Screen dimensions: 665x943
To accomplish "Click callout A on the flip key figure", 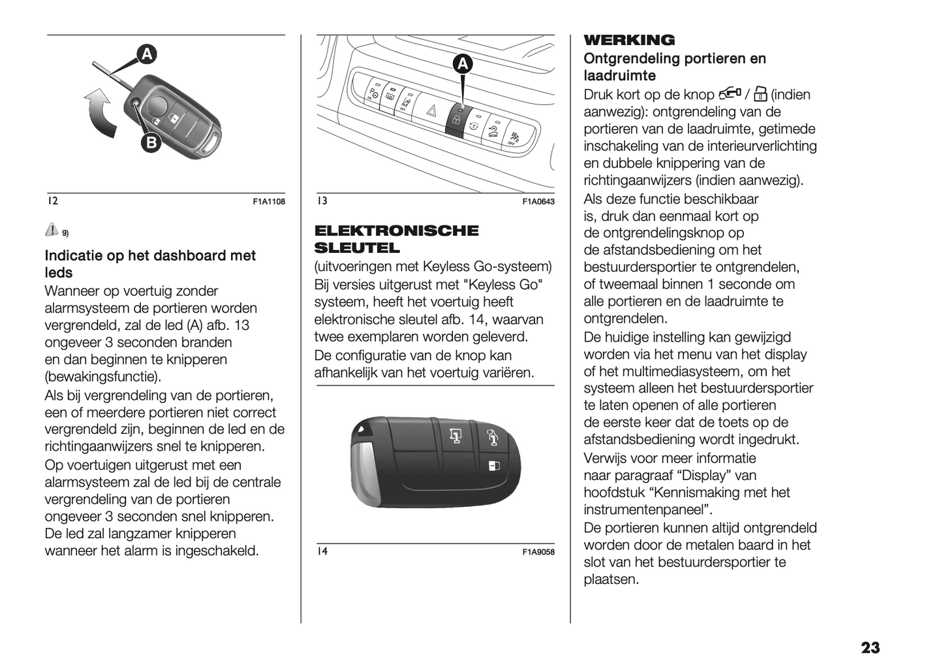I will point(147,55).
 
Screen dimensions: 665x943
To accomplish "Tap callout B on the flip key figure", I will point(150,142).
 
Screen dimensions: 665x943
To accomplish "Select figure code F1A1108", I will point(269,202).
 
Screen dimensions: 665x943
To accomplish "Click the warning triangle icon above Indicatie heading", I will point(52,229).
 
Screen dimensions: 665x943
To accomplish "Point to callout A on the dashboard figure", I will point(462,64).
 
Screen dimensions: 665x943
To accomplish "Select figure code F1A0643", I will point(538,202).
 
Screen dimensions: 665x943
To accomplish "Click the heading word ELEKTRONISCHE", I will point(396,231).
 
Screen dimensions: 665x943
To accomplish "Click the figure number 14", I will point(322,551).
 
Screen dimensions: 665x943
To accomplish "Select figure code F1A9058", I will point(538,553).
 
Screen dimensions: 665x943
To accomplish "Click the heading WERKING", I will point(629,41).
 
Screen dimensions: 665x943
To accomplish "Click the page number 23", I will point(870,648).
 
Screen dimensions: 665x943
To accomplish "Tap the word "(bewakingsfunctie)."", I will point(102,377).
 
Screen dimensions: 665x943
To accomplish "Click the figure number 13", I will point(322,201).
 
